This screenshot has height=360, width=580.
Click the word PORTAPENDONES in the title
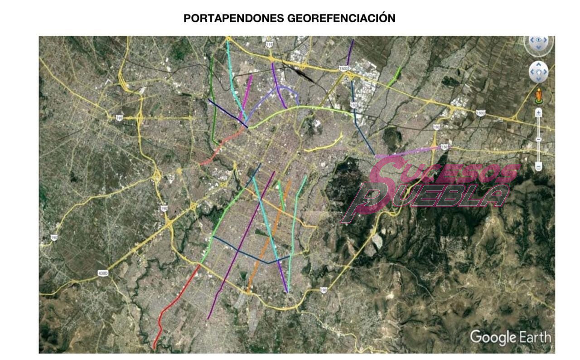[x=234, y=19]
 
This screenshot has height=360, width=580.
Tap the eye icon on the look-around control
[x=539, y=40]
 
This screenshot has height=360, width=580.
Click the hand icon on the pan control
[x=538, y=72]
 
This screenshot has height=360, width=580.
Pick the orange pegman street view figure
[x=539, y=96]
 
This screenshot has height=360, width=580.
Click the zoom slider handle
[x=538, y=139]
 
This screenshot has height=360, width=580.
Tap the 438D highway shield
[x=103, y=274]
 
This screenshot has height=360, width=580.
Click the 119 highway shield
[x=270, y=44]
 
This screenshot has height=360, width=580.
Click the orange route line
[x=272, y=236]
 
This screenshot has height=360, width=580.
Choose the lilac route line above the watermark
[x=408, y=153]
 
